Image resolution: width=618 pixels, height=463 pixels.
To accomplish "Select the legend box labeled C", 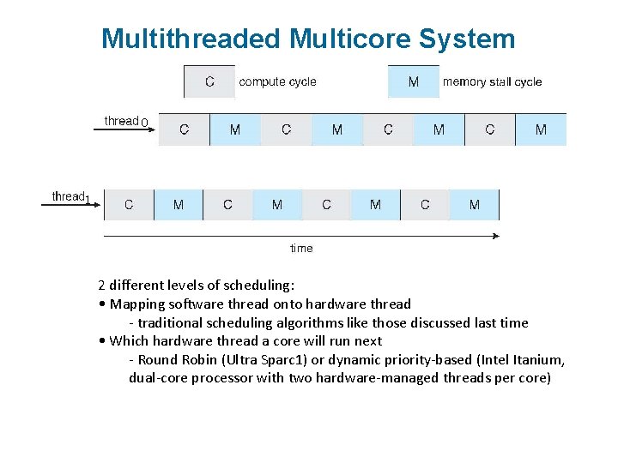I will tap(209, 81).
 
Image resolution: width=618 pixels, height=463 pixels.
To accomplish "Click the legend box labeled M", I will tap(414, 81).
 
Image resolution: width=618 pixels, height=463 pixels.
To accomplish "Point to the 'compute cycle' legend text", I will tap(277, 82).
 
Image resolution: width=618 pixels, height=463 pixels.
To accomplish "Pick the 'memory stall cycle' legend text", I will tap(492, 82).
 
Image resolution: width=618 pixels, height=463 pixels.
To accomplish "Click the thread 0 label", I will tap(125, 122).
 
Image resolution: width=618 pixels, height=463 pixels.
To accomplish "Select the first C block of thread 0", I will tap(185, 129).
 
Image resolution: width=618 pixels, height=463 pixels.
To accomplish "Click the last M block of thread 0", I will tap(541, 129).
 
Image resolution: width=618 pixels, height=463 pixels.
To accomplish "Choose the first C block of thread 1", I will tap(129, 205).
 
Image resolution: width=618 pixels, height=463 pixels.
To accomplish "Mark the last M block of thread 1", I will tap(475, 205).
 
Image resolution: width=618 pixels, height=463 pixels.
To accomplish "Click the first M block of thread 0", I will tap(235, 129).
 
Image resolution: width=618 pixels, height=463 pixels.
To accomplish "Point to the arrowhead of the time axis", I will tap(495, 235).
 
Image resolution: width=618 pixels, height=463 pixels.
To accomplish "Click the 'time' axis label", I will tap(301, 249).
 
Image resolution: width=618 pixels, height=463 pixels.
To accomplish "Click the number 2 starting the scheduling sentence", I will tap(101, 285).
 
